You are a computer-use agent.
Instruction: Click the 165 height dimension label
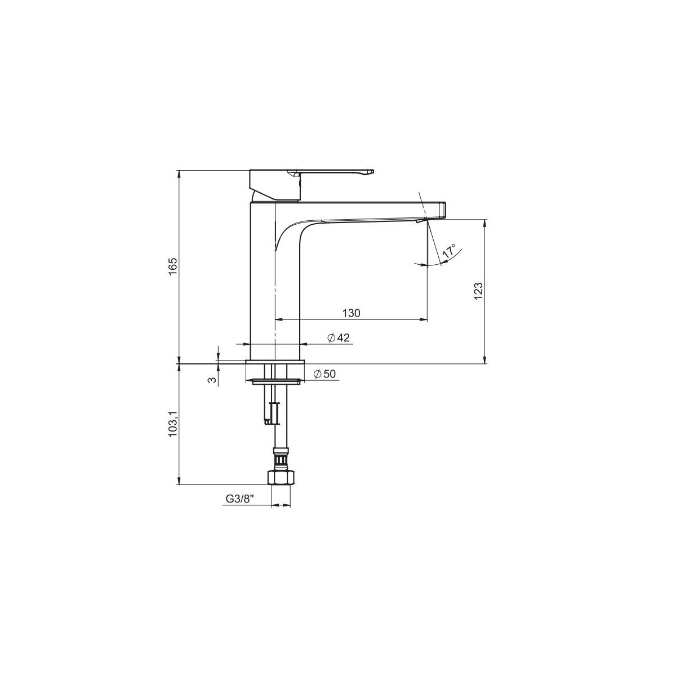tap(174, 267)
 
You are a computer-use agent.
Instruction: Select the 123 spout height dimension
tap(478, 291)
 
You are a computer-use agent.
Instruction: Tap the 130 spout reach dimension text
tap(351, 313)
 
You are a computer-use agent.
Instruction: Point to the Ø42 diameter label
tap(339, 337)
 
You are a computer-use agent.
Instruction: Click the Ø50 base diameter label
tap(324, 374)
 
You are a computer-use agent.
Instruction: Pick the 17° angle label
tap(450, 252)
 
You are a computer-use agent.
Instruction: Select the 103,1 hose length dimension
tap(174, 424)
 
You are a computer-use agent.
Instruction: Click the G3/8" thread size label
tap(239, 499)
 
